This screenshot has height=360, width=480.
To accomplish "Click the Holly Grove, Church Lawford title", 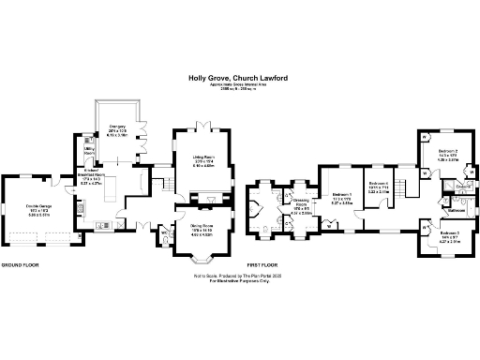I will coord(240,80).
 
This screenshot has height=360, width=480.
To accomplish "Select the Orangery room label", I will coord(117,127).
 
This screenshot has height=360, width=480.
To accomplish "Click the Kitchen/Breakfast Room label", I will coord(92,175).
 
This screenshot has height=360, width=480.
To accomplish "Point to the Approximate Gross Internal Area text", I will coord(240,86).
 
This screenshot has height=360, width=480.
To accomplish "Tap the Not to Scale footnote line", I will coord(240,277).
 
